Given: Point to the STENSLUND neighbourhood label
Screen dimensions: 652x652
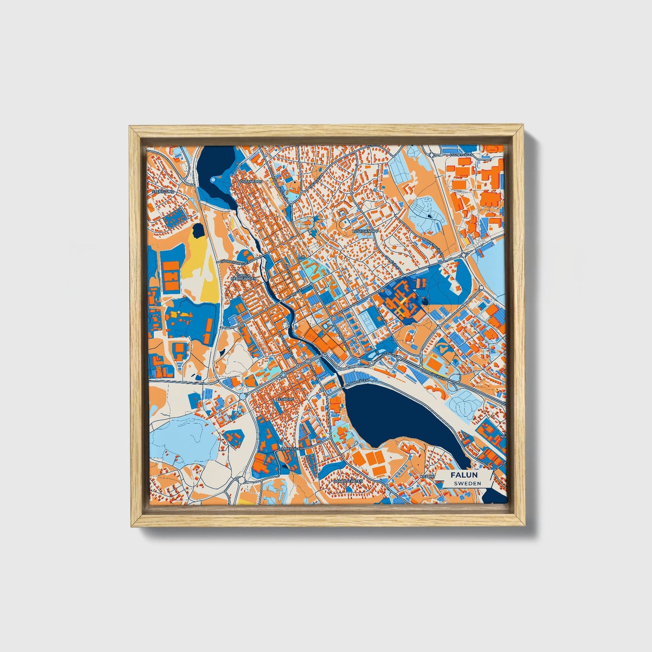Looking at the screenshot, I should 163,191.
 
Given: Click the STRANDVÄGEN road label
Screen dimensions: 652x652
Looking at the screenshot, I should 357,382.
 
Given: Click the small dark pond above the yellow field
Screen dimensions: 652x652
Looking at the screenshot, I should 197,231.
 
